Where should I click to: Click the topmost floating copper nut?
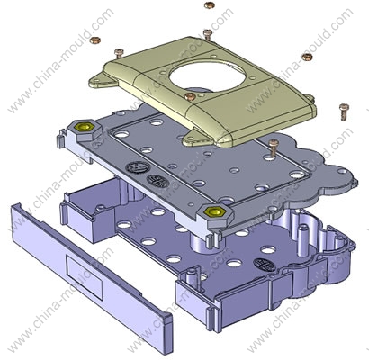coord(209,5)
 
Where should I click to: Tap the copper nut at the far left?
coord(95,40)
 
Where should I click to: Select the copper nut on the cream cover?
coord(190,96)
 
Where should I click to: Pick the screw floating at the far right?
coord(344,112)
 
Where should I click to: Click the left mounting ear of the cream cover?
coord(100,81)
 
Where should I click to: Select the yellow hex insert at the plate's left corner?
coord(84,127)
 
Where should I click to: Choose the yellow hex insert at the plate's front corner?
coord(214,211)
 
